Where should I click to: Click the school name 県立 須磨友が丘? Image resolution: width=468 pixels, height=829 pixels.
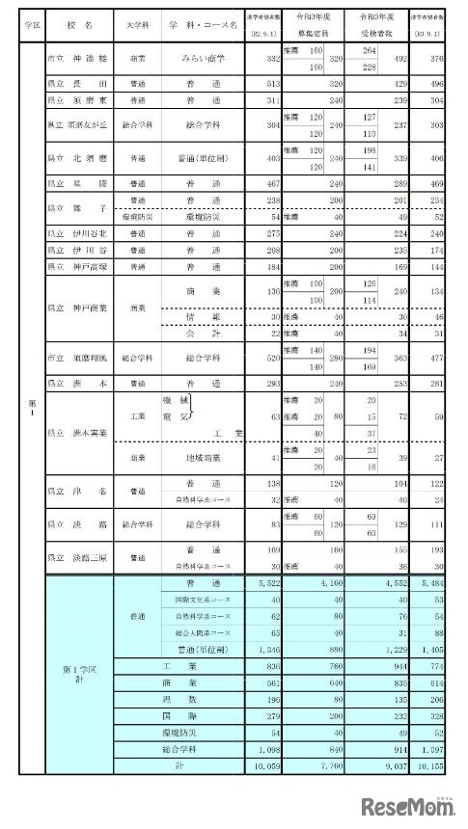pyautogui.click(x=79, y=125)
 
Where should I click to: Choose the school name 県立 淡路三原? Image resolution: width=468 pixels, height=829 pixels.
pyautogui.click(x=79, y=557)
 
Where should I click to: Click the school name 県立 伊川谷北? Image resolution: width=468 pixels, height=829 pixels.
pyautogui.click(x=79, y=233)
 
